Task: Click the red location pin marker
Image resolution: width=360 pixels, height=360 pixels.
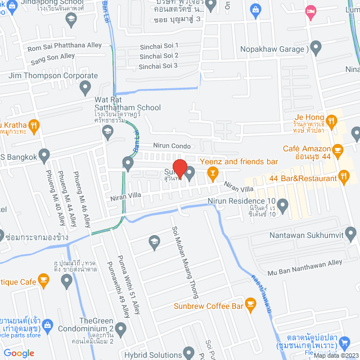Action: [179, 168]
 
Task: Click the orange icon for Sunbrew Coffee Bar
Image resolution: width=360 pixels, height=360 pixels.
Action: [251, 307]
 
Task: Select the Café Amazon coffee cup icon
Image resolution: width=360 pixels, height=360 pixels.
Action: [337, 150]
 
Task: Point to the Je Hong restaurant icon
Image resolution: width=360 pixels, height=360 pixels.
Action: [332, 120]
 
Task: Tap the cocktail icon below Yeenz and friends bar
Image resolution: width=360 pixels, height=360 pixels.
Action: [213, 174]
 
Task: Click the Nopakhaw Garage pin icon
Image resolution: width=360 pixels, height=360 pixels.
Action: [316, 48]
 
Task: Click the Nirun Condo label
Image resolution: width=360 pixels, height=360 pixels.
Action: [172, 145]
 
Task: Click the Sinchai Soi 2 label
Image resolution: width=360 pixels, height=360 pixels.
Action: [159, 56]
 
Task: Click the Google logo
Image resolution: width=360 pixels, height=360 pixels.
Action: [19, 353]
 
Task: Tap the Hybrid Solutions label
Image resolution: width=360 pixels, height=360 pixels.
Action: [152, 355]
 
